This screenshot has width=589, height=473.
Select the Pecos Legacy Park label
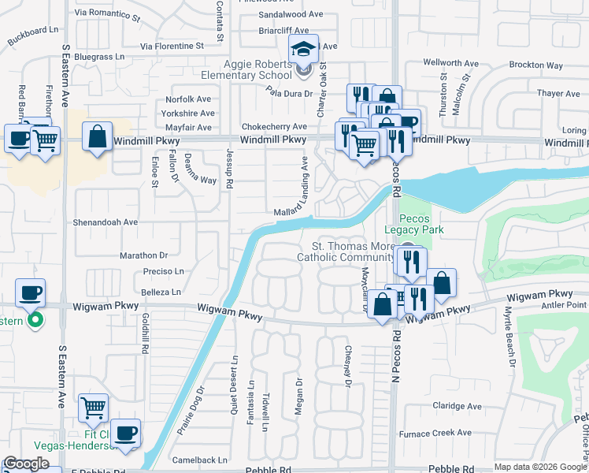coord(422,224)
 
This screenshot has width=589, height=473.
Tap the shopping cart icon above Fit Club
coord(94,408)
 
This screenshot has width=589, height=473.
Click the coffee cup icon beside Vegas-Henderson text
coord(125,433)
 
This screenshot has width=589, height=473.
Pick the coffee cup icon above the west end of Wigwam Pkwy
coord(31,293)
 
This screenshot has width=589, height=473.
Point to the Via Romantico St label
coord(107,14)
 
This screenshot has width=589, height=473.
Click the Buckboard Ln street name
coord(32,35)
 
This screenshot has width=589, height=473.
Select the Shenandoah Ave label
coord(106,222)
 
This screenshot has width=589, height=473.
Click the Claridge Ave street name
coord(457,407)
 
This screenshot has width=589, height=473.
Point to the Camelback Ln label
coord(200,460)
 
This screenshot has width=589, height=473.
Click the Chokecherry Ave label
coord(274,126)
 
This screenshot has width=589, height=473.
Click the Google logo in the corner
coord(27,464)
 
